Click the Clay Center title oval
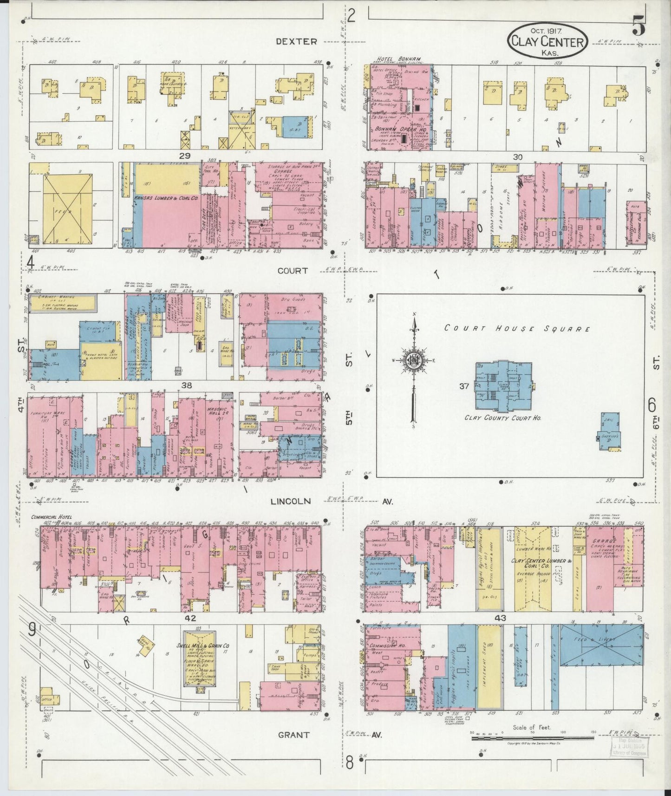548,41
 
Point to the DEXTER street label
296,41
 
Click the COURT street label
293,270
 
